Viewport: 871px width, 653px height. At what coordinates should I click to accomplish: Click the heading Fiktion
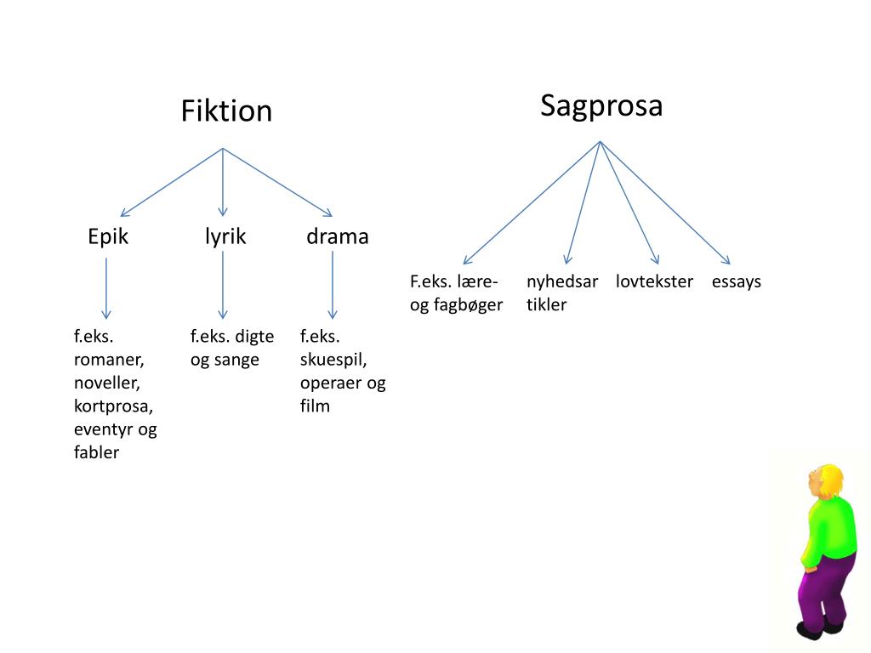(226, 111)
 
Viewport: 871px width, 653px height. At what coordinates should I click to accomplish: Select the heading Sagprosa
(601, 106)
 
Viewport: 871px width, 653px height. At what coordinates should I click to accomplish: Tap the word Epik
(108, 236)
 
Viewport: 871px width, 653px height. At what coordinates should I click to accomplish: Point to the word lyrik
(225, 236)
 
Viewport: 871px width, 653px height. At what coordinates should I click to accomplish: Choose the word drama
(338, 236)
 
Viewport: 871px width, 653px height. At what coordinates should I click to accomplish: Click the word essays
(737, 281)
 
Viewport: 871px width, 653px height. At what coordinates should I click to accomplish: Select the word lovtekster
(655, 281)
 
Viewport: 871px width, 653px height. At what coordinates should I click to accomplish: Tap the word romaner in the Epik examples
(108, 359)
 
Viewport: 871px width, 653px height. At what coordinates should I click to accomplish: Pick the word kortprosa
(112, 406)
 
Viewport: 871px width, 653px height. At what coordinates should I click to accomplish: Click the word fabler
(96, 452)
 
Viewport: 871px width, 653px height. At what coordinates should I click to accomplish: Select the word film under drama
(315, 406)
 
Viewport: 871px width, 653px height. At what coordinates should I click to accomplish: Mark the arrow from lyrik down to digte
(223, 285)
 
